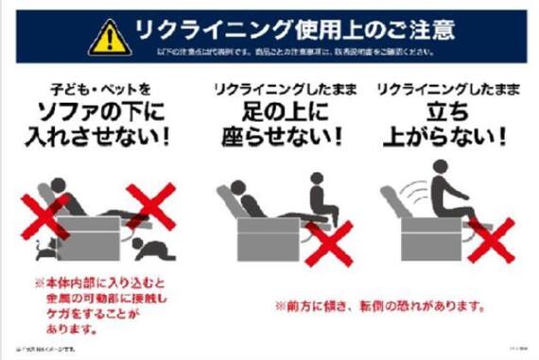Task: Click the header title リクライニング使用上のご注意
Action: coord(294,29)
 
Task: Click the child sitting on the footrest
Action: coord(318,201)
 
